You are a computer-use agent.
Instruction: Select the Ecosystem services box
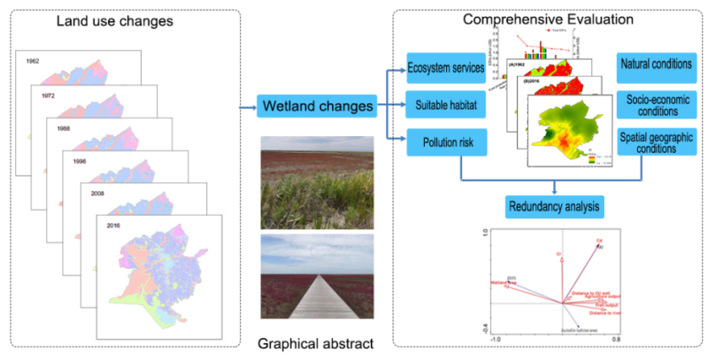click(x=445, y=68)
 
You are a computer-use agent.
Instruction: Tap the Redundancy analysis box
click(x=556, y=208)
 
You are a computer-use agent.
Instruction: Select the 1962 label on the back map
click(x=34, y=62)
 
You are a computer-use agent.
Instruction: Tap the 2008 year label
click(x=92, y=192)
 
